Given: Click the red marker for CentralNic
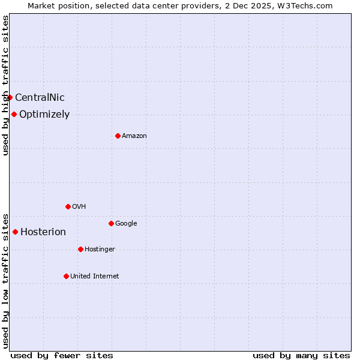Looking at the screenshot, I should coord(10,97).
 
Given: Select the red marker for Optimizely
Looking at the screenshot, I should coord(14,114).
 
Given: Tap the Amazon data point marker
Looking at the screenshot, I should coord(118,136).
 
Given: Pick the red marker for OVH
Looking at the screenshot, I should coord(68,206).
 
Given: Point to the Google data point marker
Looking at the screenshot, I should coord(111,223).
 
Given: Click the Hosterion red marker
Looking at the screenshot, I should coord(15,232).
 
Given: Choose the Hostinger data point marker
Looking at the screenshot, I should coord(80,249).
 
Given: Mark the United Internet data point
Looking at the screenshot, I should coord(66,276).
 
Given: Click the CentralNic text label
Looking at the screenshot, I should coord(40,98).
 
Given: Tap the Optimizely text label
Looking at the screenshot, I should coord(44,115).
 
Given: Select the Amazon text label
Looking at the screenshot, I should coord(134,136).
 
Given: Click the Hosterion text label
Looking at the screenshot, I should coord(43,232).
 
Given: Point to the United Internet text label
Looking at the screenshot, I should coord(94,277).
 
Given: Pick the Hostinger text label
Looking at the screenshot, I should coord(100,250).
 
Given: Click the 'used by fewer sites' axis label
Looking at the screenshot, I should coord(62,356).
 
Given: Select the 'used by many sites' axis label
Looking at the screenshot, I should coord(301,356).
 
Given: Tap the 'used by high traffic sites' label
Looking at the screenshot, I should coord(5,85).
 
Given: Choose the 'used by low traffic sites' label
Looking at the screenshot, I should coord(5,280).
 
